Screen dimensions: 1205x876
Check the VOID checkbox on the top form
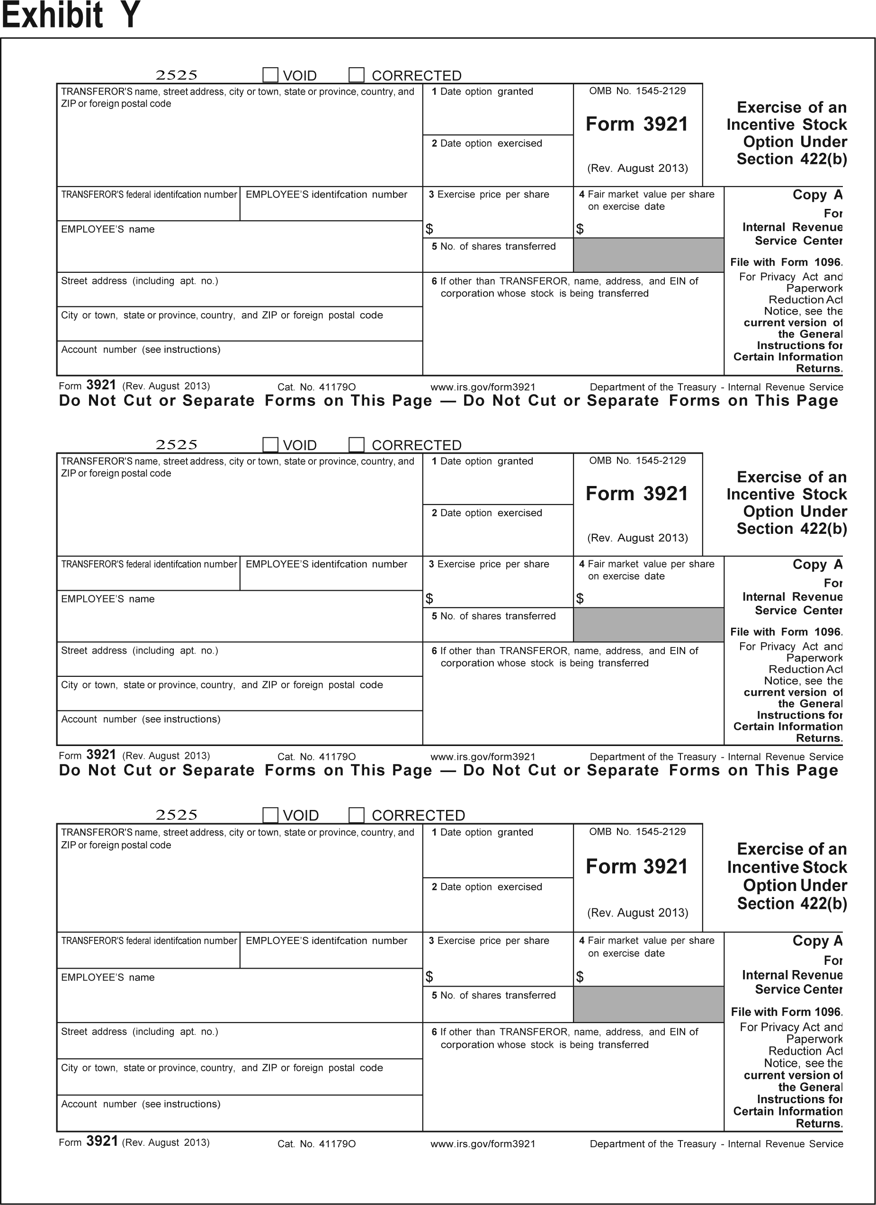pyautogui.click(x=270, y=75)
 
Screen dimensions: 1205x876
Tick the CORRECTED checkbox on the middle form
pyautogui.click(x=357, y=445)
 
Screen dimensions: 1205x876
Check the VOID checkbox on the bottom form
pyautogui.click(x=270, y=815)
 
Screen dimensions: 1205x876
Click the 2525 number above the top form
pyautogui.click(x=176, y=75)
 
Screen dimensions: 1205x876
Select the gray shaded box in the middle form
pyautogui.click(x=648, y=625)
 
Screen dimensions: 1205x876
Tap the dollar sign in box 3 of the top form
pyautogui.click(x=429, y=229)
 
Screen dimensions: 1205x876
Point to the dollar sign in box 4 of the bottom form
pyautogui.click(x=580, y=977)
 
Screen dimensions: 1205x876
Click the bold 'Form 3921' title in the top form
pyautogui.click(x=636, y=124)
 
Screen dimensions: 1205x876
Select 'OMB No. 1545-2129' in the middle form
pyautogui.click(x=637, y=461)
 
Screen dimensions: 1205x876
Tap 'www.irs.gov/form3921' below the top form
pyautogui.click(x=483, y=387)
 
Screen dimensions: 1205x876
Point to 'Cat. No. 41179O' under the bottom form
pyautogui.click(x=316, y=1144)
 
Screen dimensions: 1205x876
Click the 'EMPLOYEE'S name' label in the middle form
pyautogui.click(x=108, y=599)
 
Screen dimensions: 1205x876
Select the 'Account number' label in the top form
pyautogui.click(x=140, y=350)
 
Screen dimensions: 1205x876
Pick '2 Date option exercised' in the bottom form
pyautogui.click(x=487, y=887)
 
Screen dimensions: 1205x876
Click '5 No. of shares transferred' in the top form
pyautogui.click(x=493, y=246)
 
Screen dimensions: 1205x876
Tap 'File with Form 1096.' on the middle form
pyautogui.click(x=786, y=632)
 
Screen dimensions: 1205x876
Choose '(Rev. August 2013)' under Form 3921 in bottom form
pyautogui.click(x=637, y=913)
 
